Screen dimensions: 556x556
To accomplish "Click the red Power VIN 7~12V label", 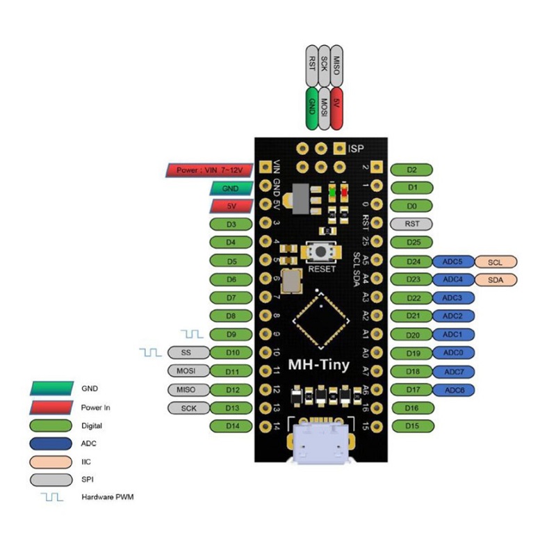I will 209,170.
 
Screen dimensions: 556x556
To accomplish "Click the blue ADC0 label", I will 453,352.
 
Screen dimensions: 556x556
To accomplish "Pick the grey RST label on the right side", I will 412,224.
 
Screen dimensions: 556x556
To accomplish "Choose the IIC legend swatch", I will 52,461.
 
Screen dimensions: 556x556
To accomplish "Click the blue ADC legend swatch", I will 52,443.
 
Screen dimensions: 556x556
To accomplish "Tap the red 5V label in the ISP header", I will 338,108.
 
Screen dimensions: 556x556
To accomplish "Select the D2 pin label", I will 412,170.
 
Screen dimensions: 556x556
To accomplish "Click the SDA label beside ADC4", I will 495,279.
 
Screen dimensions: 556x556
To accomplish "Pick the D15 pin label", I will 412,425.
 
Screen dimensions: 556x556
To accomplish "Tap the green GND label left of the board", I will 230,188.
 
